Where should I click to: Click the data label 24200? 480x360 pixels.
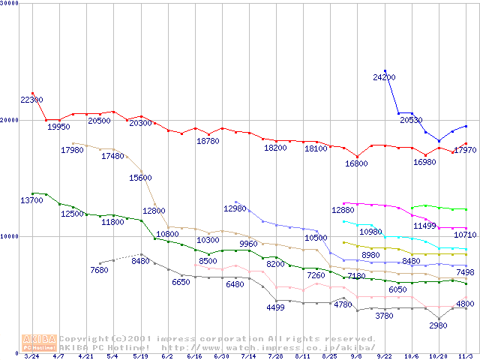click(x=384, y=77)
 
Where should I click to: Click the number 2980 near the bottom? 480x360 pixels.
click(x=438, y=325)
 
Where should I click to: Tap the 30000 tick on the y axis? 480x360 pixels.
click(x=11, y=4)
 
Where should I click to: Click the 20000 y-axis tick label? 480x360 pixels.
click(x=11, y=120)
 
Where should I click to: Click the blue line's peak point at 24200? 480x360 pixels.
click(x=385, y=70)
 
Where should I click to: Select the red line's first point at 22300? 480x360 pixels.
click(x=32, y=93)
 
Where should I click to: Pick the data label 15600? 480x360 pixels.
click(x=140, y=178)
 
